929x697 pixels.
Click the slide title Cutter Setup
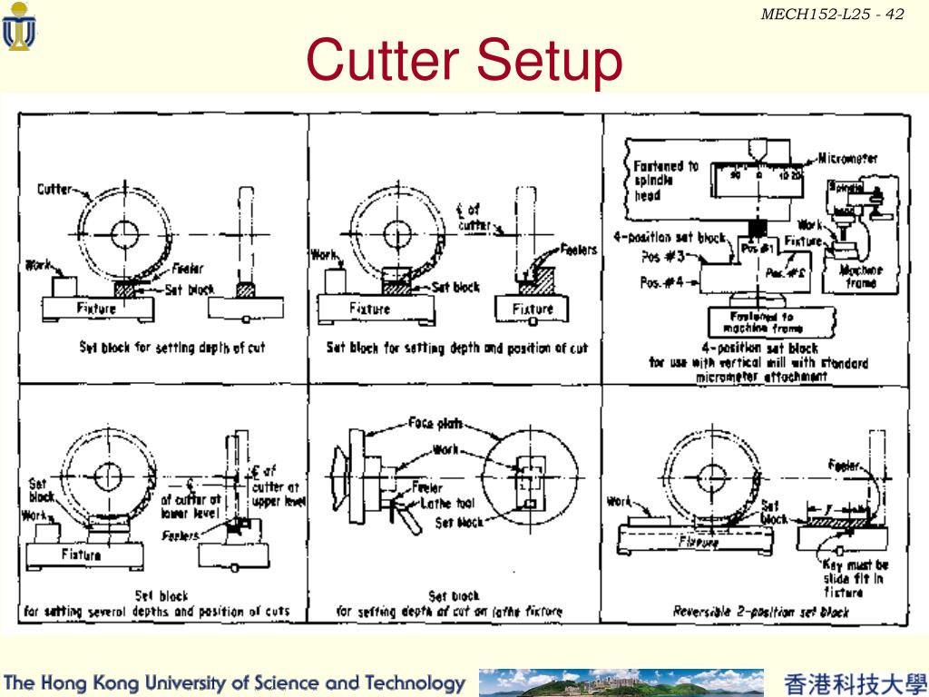464,61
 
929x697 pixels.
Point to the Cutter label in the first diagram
54,190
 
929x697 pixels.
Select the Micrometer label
847,159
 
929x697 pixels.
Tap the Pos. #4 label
662,282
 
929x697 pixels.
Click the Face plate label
435,422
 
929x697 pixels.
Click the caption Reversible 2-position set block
760,612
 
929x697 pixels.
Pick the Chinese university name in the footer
855,683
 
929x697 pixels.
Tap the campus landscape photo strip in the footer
621,682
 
